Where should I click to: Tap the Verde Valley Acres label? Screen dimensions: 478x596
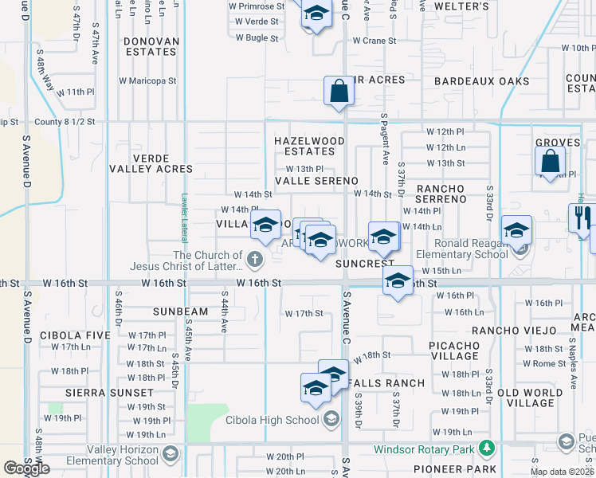(163, 163)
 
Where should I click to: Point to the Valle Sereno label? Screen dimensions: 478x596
(316, 181)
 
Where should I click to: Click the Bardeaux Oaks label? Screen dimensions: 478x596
(481, 81)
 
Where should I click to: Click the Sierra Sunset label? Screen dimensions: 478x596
(110, 393)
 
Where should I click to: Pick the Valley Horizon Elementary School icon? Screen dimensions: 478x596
(170, 454)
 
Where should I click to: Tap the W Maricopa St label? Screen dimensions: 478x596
(147, 80)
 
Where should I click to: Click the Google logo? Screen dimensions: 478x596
(26, 468)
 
